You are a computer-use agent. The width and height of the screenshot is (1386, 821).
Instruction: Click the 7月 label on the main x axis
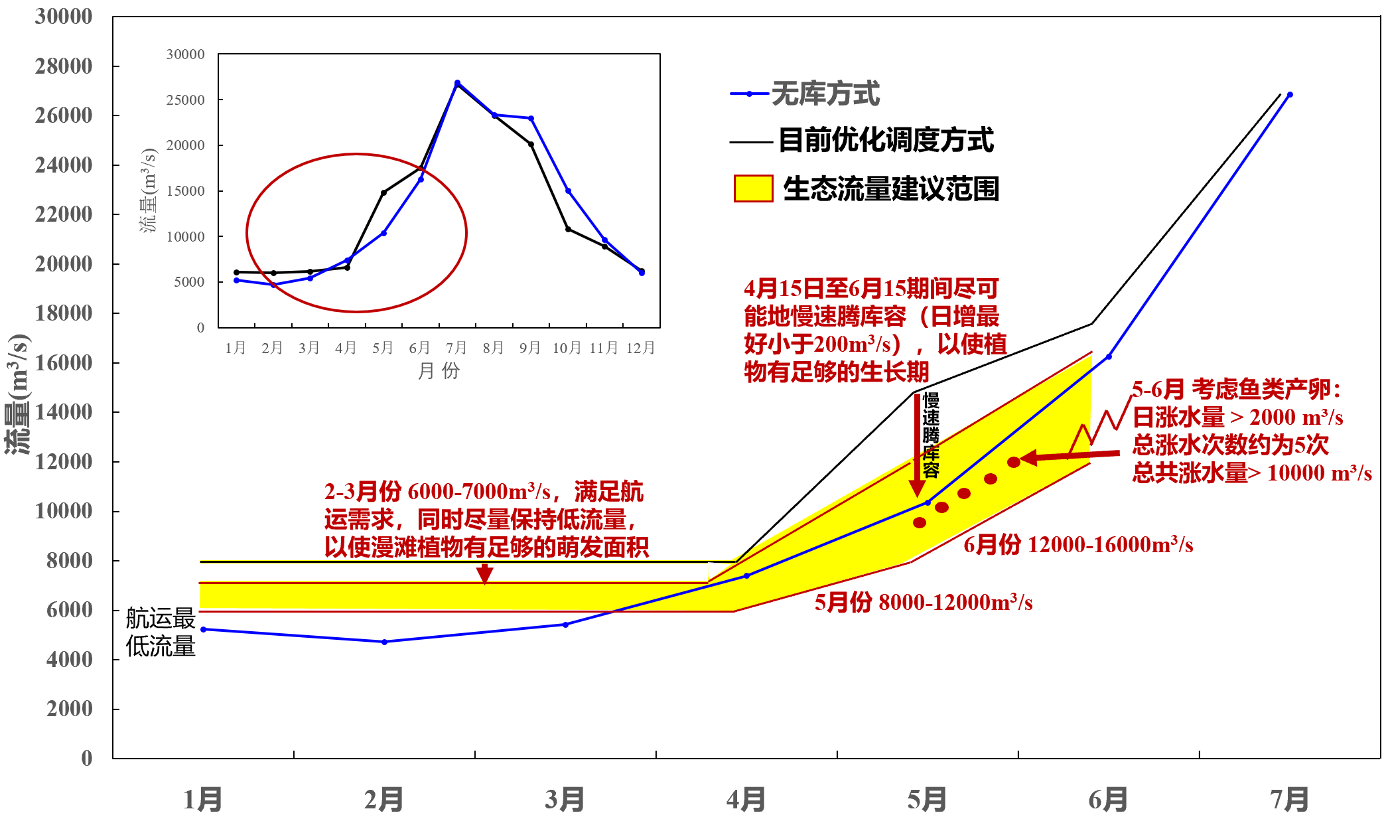(x=1289, y=799)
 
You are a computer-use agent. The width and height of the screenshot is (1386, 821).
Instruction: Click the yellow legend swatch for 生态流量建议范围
(x=753, y=188)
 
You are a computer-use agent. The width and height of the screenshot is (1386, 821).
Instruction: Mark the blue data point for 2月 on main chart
(x=384, y=642)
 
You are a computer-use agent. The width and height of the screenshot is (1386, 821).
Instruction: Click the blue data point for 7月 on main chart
(x=1290, y=94)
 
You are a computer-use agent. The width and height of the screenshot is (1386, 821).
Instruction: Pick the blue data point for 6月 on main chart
(x=1109, y=356)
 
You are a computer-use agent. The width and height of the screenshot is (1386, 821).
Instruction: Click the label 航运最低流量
(x=161, y=632)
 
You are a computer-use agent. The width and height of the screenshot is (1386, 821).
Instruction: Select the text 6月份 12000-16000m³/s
(x=1078, y=545)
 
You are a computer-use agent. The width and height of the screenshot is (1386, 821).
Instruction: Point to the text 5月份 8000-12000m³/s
(x=924, y=603)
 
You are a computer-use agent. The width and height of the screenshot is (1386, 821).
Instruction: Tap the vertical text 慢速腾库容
(x=931, y=435)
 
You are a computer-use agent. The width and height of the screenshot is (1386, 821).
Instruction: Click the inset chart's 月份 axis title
(x=438, y=370)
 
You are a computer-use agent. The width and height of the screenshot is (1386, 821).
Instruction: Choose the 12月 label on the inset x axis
(x=640, y=348)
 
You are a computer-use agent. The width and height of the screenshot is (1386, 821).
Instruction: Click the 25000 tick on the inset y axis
(x=185, y=100)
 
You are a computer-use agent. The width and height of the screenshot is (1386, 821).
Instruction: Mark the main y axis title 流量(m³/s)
(x=19, y=394)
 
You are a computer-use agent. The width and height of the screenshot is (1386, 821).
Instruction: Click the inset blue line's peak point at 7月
(x=457, y=83)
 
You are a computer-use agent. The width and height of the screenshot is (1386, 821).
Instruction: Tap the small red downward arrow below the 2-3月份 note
(x=485, y=573)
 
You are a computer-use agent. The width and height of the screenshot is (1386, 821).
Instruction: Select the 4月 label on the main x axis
(x=746, y=799)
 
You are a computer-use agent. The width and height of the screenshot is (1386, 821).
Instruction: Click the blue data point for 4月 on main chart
(x=746, y=575)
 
